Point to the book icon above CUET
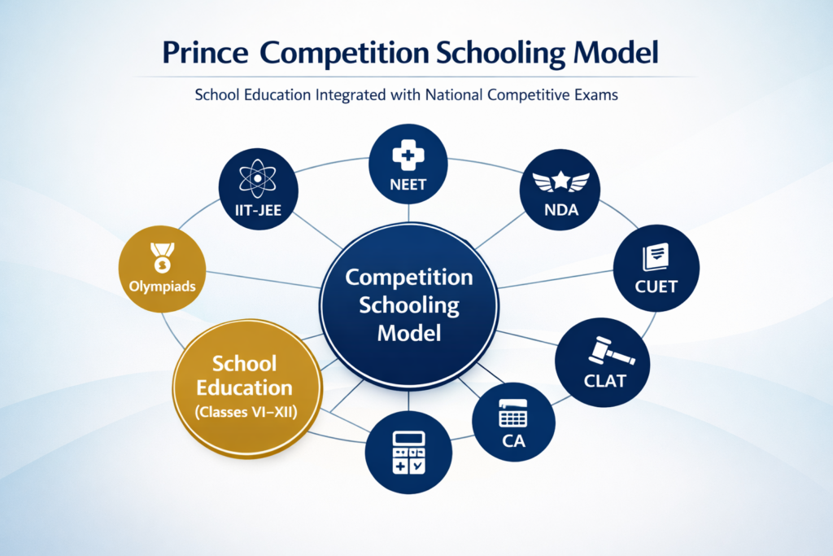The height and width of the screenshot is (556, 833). [x=656, y=257]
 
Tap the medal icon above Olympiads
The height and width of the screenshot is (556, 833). [x=159, y=258]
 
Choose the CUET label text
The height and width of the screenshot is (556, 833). [x=657, y=286]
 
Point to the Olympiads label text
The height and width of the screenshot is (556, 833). [x=159, y=286]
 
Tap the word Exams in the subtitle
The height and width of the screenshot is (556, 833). [x=595, y=95]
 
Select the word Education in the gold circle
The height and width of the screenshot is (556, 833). [x=244, y=387]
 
